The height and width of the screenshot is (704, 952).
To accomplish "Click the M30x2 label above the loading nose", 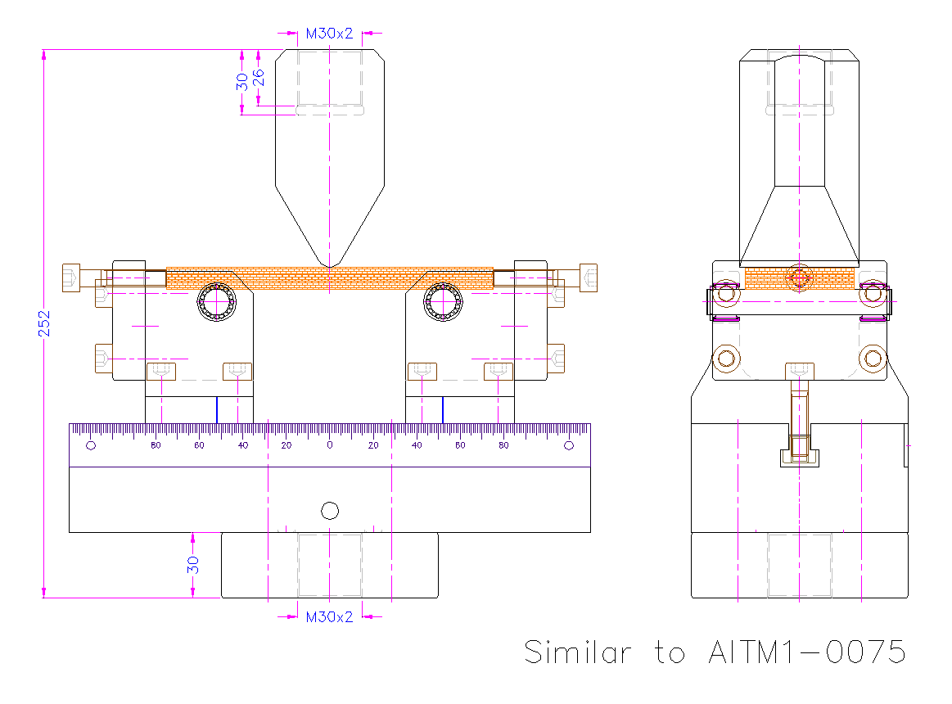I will (329, 34).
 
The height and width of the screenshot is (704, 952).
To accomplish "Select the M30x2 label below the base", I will (329, 616).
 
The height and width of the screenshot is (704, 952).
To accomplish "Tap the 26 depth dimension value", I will (259, 78).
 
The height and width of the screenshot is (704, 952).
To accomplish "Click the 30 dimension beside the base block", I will (193, 565).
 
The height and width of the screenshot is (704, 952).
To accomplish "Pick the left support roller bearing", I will (217, 303).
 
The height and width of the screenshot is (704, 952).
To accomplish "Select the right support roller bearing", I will (444, 303).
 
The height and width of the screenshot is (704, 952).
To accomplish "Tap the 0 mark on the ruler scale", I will (330, 445).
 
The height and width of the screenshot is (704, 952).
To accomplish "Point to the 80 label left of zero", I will (156, 445).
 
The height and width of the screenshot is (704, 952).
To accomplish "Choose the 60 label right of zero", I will (460, 445).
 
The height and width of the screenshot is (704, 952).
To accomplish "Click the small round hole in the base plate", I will (330, 511).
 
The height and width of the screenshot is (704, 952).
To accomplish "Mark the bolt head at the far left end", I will (71, 277).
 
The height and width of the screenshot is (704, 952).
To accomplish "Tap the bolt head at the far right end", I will (588, 277).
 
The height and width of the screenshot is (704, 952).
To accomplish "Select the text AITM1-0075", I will (805, 652).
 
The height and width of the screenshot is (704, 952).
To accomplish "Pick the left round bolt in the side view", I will (725, 358).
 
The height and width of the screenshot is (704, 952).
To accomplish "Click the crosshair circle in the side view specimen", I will (799, 278).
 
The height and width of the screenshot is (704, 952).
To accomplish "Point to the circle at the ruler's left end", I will (91, 445).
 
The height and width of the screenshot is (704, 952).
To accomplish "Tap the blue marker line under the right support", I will (443, 409).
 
